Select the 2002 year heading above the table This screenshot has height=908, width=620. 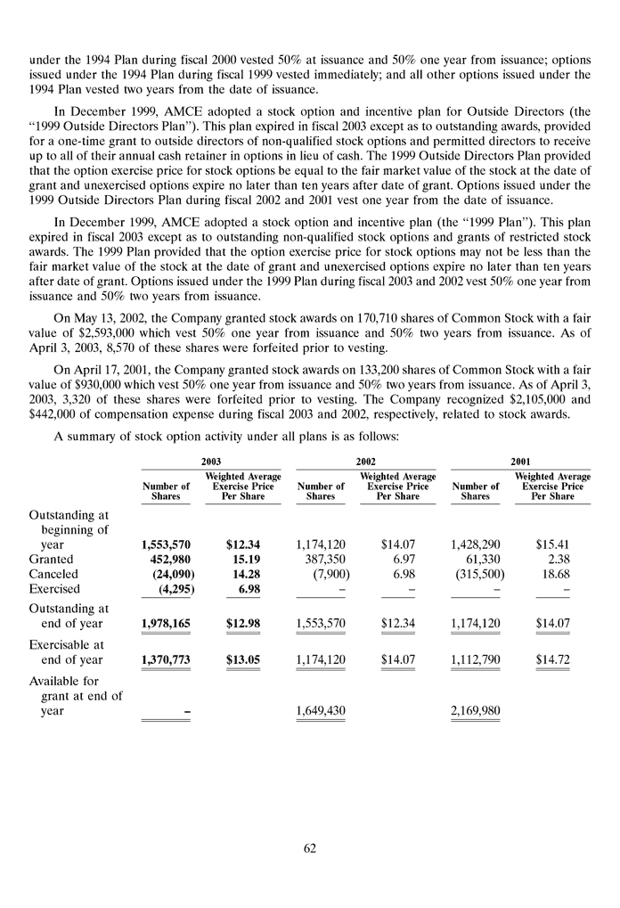point(365,461)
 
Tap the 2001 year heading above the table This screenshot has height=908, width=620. point(521,461)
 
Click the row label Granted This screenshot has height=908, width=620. point(54,559)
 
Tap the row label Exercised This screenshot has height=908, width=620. point(55,589)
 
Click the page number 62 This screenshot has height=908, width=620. point(309,848)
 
